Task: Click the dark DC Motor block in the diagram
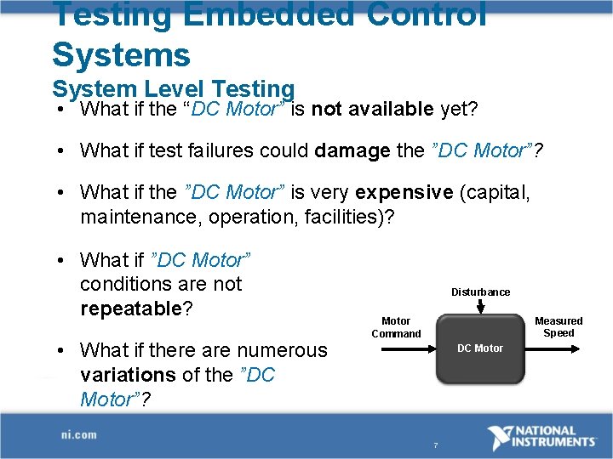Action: [480, 349]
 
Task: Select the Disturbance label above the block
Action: [480, 292]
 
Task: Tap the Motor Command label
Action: [396, 327]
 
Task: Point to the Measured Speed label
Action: [559, 327]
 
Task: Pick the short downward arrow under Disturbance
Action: [480, 306]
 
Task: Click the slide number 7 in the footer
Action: [435, 445]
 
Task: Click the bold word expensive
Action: [404, 192]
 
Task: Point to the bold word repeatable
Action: [131, 309]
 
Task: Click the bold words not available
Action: [373, 109]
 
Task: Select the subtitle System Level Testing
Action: [173, 88]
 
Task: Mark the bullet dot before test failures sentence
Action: [63, 151]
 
